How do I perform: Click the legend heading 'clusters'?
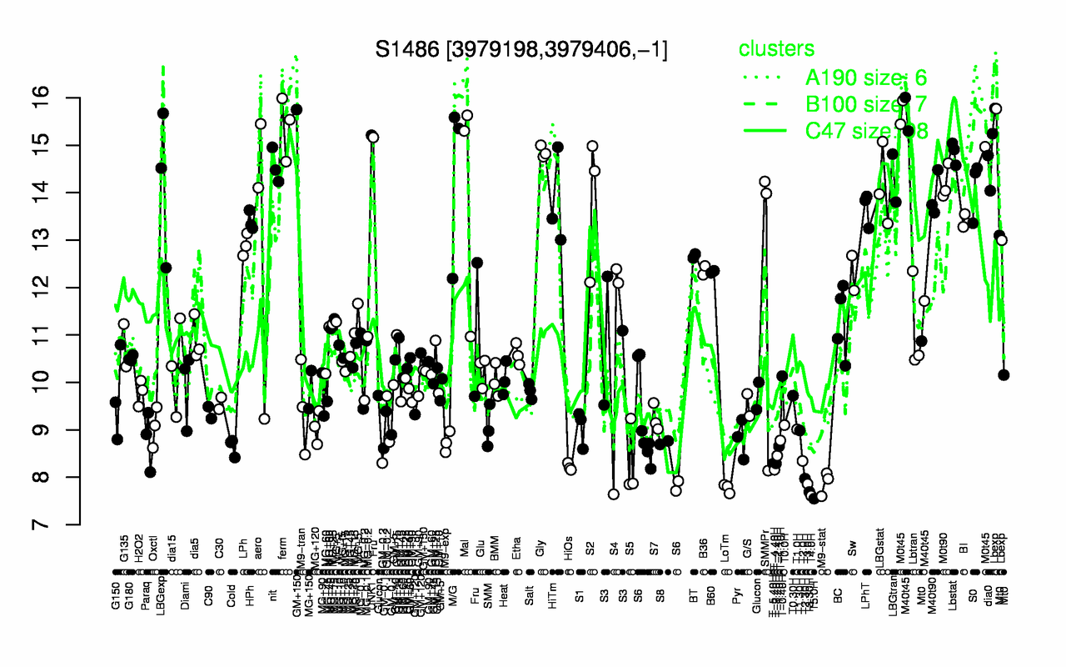click(777, 49)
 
